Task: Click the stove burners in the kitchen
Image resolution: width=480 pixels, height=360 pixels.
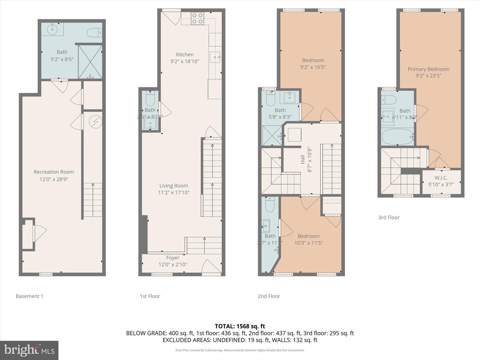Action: coord(197,19)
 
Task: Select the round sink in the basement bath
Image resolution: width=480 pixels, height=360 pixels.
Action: coord(52,29)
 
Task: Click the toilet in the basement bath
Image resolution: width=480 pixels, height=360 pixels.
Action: coord(94,33)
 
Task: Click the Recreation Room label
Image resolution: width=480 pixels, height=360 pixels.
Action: coord(54,172)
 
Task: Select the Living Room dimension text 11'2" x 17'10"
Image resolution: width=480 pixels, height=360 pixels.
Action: coord(174,193)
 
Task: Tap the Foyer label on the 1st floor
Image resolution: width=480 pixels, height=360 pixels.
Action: coord(173,258)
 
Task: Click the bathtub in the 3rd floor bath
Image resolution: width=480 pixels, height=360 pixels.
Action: coord(397,137)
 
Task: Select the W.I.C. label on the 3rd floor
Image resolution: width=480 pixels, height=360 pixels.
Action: coord(441,178)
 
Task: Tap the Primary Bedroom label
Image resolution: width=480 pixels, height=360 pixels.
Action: coord(428,69)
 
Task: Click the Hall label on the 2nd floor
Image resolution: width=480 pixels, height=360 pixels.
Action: coord(303,159)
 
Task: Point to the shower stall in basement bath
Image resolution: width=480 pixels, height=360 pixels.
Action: coord(90,62)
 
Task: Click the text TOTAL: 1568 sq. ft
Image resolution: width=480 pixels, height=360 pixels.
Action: coord(240,326)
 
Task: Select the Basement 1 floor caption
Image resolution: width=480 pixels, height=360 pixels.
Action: coord(29,296)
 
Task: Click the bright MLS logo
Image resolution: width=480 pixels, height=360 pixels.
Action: coord(29,350)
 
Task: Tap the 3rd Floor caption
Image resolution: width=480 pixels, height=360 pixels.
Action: coord(389,217)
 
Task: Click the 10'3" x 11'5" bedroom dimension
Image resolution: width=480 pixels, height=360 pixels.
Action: coord(308,243)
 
